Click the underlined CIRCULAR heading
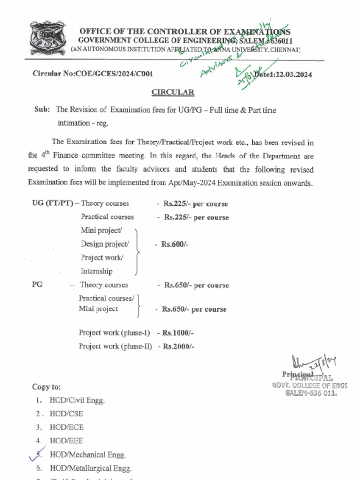tap(172, 92)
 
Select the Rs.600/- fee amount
tap(175, 244)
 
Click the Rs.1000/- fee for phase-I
tap(178, 333)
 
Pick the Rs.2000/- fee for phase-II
tap(178, 346)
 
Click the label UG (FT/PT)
tap(52, 203)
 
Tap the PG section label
tap(37, 285)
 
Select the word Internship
tap(97, 271)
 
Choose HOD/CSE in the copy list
tap(67, 414)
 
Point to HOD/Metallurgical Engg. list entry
tap(90, 468)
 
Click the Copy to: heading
tap(46, 387)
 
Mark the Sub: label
tap(42, 110)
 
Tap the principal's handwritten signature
tap(309, 363)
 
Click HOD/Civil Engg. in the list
tap(77, 400)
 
